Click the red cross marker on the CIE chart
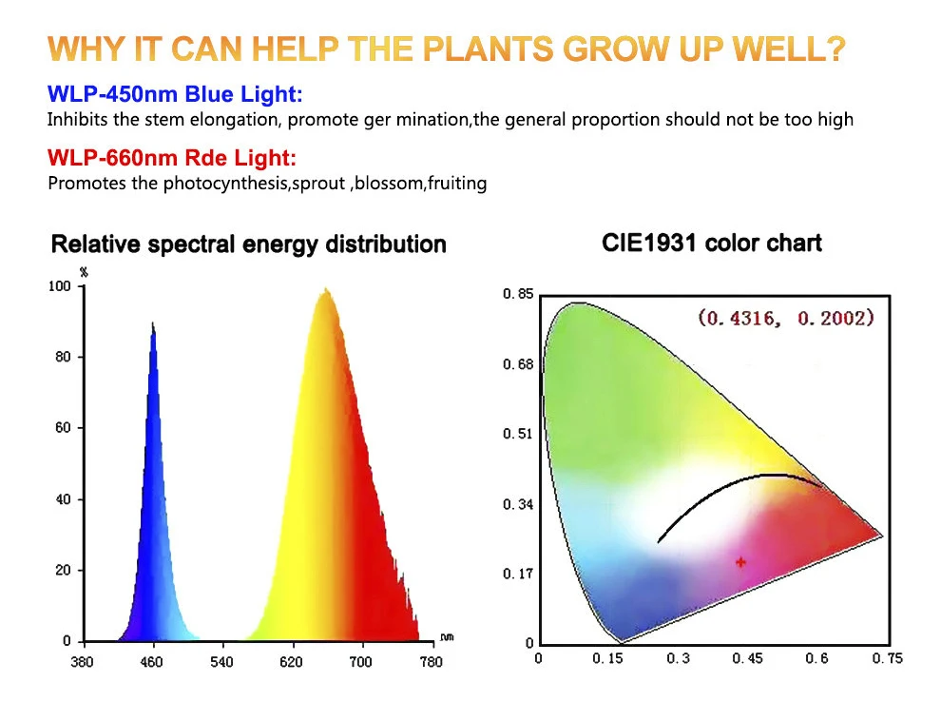click(x=740, y=562)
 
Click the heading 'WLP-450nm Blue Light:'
click(x=175, y=94)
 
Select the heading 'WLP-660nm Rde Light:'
click(x=172, y=158)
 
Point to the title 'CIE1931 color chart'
click(x=712, y=243)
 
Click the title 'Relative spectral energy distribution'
click(x=248, y=244)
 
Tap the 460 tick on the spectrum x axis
click(x=153, y=660)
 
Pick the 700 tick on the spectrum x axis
click(x=361, y=660)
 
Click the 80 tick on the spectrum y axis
click(x=62, y=357)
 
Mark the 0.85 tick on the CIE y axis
click(x=519, y=295)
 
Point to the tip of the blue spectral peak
click(x=152, y=324)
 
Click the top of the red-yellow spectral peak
click(x=326, y=289)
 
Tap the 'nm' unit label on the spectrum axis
click(x=447, y=636)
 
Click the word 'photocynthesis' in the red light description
click(x=223, y=184)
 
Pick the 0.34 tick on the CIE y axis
click(x=519, y=504)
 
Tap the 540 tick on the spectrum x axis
click(x=222, y=660)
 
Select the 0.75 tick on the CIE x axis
click(x=888, y=658)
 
